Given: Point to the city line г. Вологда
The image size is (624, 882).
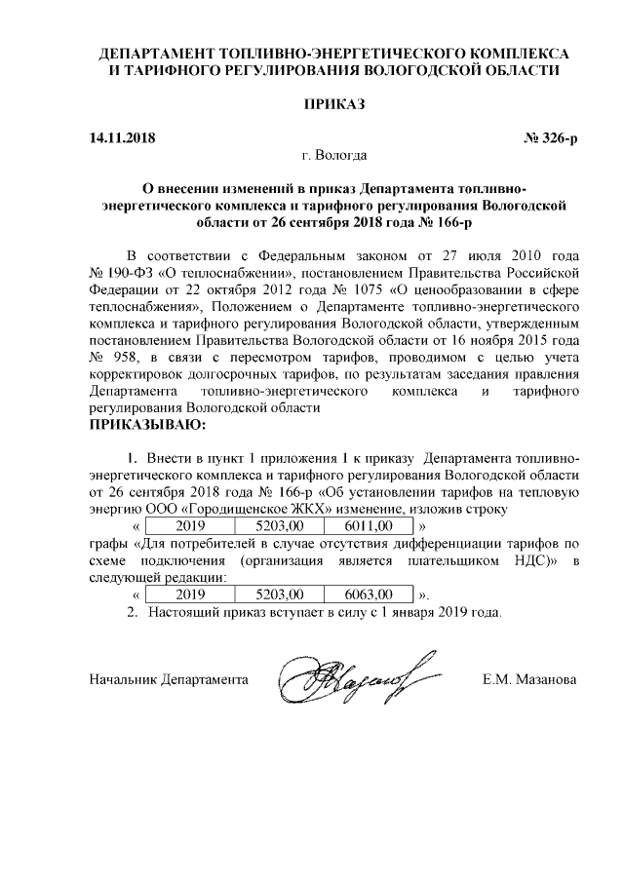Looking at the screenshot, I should tap(334, 155).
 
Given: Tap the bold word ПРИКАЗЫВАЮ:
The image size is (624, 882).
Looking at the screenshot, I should tap(147, 427).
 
